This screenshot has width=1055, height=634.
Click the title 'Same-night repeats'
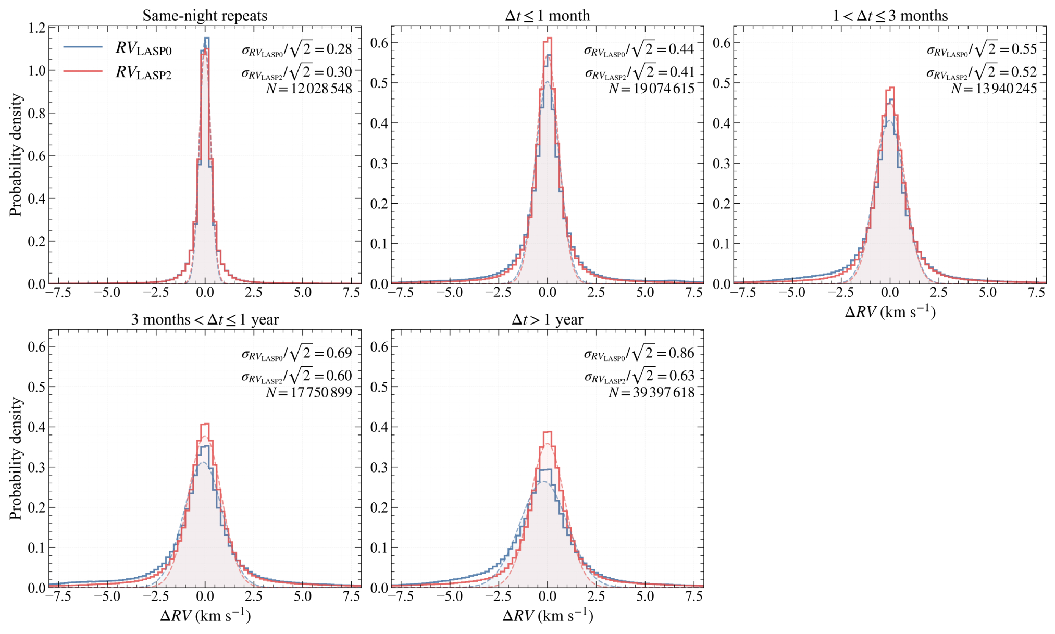click(x=205, y=16)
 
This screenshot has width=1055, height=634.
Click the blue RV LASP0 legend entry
click(x=118, y=49)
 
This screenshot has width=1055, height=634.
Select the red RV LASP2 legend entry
click(x=118, y=73)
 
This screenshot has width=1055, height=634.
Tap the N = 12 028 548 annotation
click(x=309, y=89)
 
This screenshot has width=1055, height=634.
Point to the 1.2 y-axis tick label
click(x=36, y=28)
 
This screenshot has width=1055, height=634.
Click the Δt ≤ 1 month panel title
click(x=548, y=16)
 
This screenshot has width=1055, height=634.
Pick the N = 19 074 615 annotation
click(x=652, y=89)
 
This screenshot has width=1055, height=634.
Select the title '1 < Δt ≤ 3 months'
click(x=890, y=16)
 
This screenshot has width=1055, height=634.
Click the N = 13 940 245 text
click(x=994, y=89)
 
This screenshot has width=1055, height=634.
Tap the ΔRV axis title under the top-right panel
click(x=890, y=312)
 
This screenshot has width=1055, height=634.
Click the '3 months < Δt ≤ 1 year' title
click(x=205, y=319)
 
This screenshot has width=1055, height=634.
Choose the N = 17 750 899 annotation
click(x=309, y=392)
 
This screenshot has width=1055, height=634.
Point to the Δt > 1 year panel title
click(x=548, y=319)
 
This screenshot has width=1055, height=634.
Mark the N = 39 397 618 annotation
click(x=652, y=392)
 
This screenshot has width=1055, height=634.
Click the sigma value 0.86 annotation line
click(x=639, y=354)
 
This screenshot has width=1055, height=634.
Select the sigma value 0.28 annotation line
click(x=297, y=50)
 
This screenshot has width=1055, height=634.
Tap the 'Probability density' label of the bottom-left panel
click(x=16, y=458)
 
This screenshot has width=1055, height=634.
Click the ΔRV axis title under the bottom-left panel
click(x=205, y=616)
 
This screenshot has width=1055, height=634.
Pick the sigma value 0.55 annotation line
click(x=982, y=50)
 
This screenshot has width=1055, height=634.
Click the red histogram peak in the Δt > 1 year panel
click(x=548, y=432)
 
